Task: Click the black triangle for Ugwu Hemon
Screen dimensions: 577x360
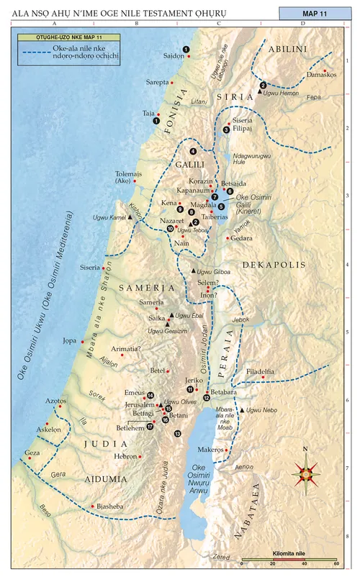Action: click(x=259, y=92)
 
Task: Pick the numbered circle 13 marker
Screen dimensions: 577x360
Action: click(x=177, y=433)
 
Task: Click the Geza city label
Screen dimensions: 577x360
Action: click(x=32, y=453)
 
